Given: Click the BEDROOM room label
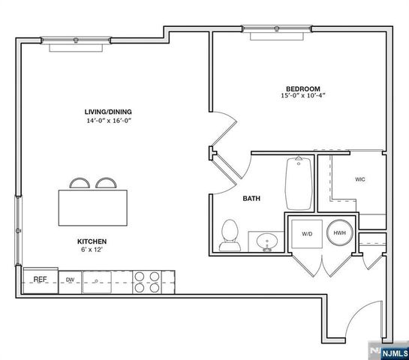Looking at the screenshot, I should coord(303,87).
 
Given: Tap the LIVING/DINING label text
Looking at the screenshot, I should coord(108,112).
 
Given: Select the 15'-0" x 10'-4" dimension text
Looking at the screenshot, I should coord(303,96).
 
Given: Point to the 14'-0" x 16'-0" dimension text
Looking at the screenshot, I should coord(108,121).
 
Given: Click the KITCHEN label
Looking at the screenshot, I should coord(93,241).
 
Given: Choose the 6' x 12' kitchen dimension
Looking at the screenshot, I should coord(93,249).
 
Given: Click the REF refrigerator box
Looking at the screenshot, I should coord(41,280).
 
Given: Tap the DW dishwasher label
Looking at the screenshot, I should coord(70,280).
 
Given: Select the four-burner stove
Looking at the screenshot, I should coord(146,280).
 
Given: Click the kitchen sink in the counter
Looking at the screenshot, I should coord(98,283).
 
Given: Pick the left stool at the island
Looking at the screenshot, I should coord(79,184).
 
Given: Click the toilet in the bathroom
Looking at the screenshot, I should coord(229,235).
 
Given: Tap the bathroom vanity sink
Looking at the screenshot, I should coord(265,241).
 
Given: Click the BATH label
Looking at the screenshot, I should coord(251,199).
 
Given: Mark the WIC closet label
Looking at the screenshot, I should coord(360,179).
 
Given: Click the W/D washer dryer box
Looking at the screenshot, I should coord(308,233).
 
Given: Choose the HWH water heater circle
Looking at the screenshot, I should coord(340,233).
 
